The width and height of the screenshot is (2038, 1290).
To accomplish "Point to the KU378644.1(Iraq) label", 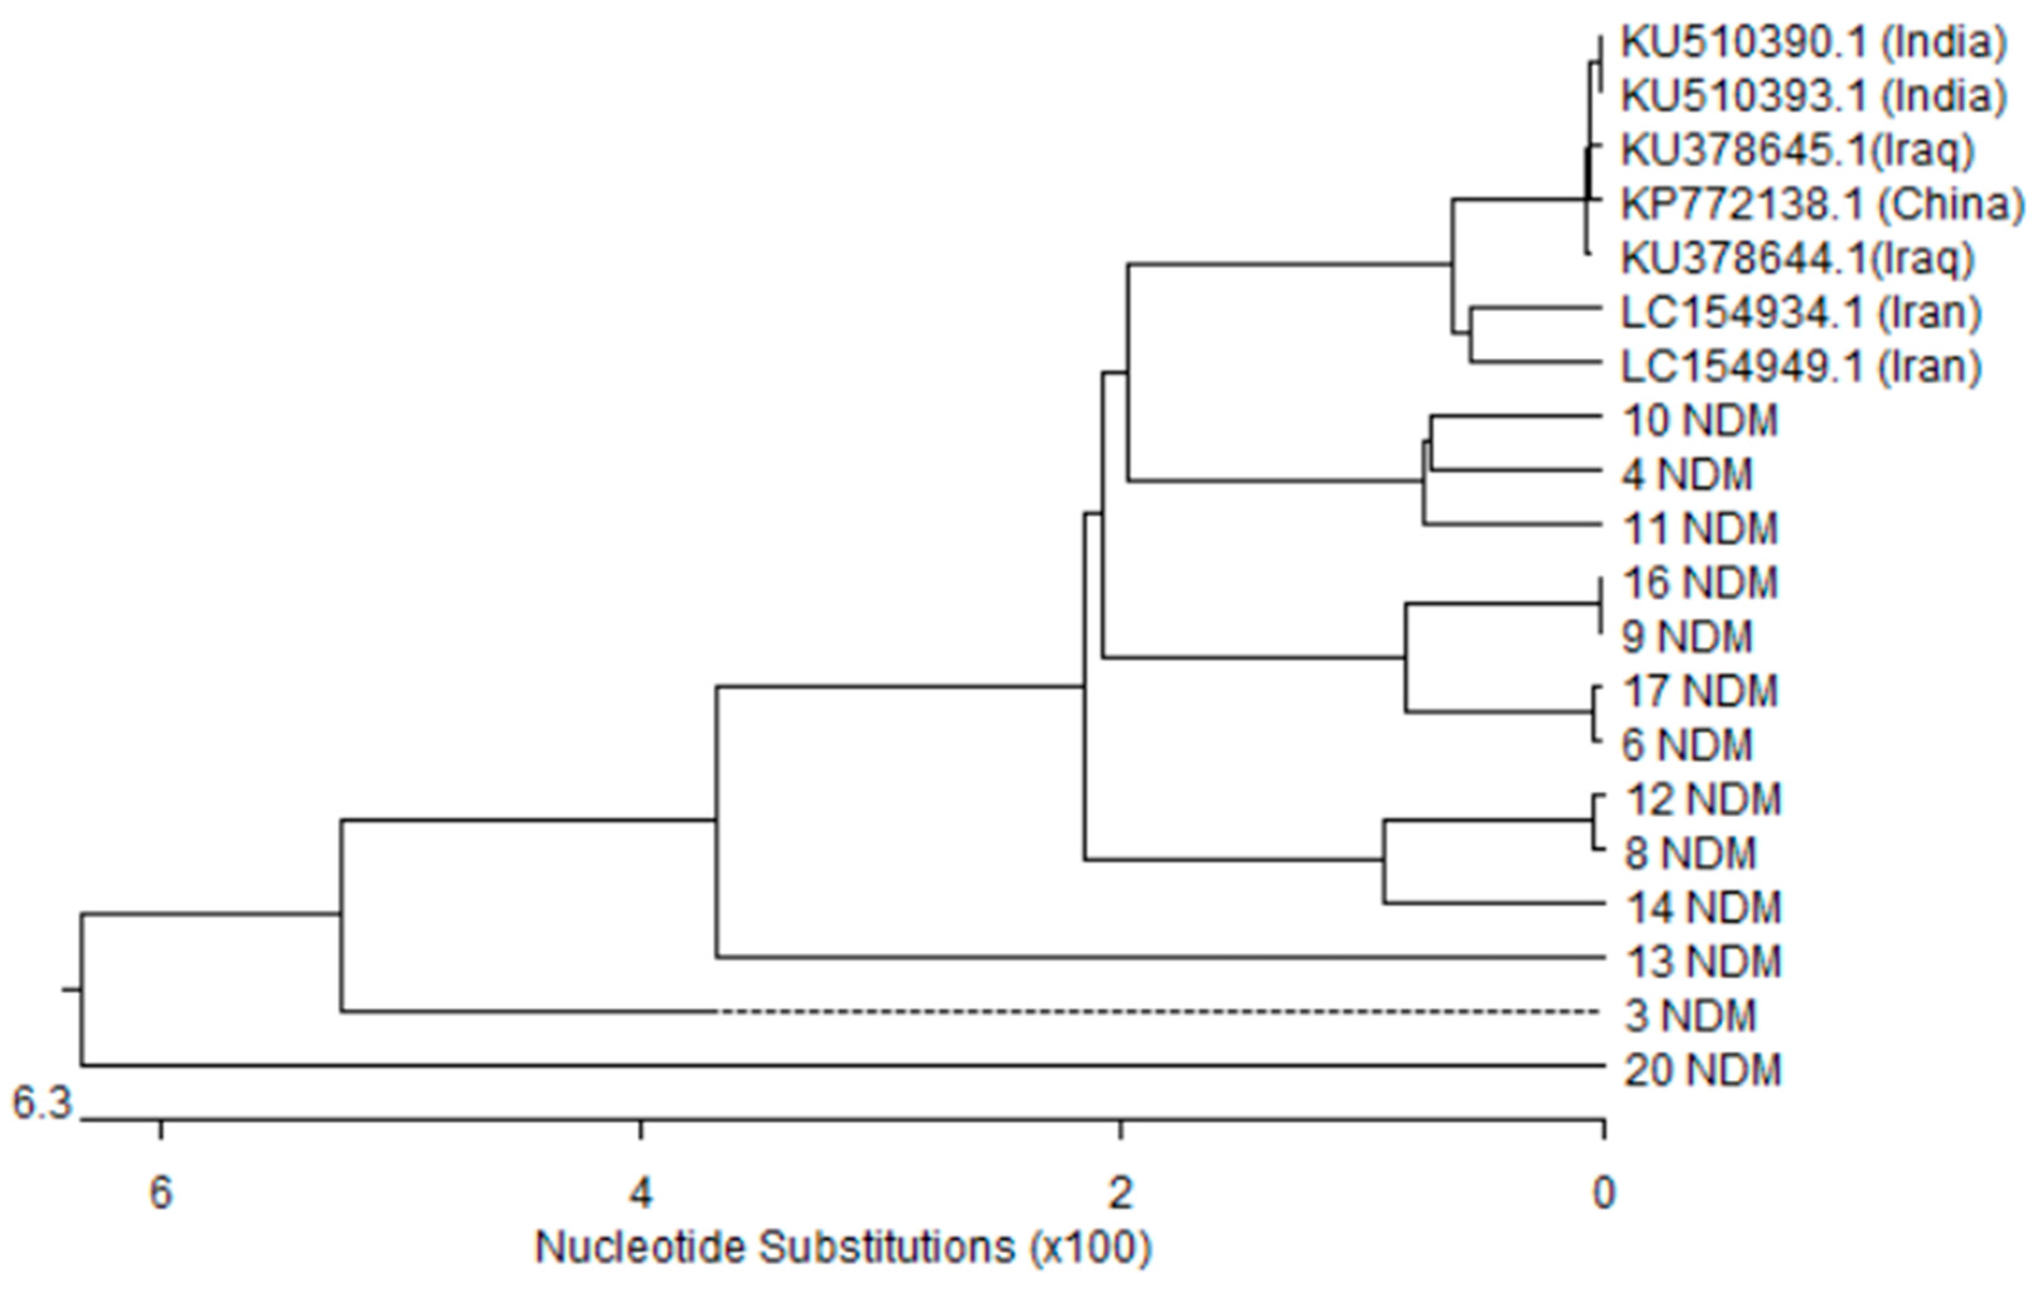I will [1797, 258].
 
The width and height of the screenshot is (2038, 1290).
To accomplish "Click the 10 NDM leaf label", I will [1699, 421].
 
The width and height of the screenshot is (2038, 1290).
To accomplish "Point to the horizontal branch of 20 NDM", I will [846, 1066].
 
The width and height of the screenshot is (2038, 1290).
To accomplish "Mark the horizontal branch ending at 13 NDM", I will [1160, 957].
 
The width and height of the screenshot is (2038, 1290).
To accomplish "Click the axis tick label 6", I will [161, 1194].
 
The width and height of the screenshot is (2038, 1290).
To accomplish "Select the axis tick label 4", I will [641, 1194].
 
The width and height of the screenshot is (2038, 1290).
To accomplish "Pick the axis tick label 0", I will [1603, 1194].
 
